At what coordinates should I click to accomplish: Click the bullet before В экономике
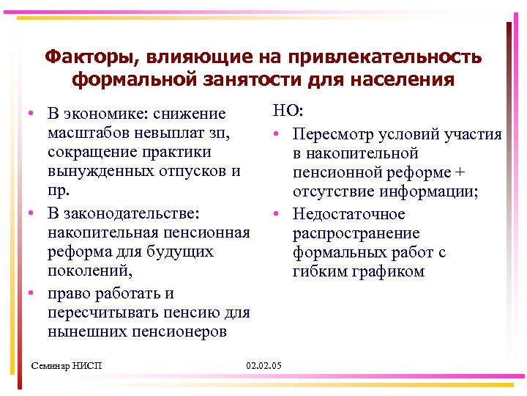(x=26, y=115)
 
